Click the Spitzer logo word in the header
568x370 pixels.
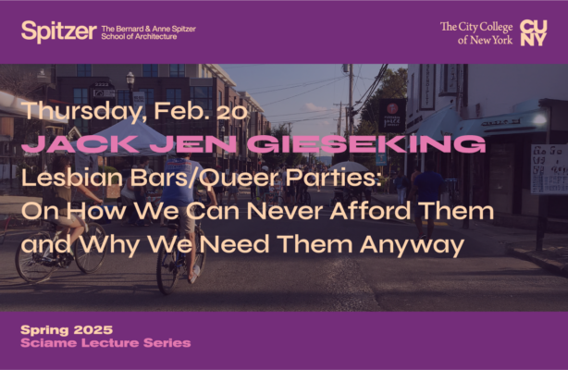coord(58,31)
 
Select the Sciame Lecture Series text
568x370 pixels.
coord(106,343)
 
